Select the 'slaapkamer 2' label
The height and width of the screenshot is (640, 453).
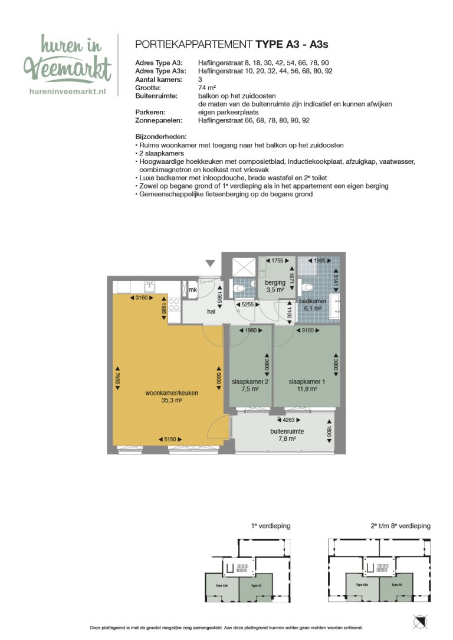(250, 381)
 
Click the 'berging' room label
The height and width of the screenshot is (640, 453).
(275, 283)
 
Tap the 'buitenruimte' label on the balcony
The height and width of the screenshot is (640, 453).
(287, 431)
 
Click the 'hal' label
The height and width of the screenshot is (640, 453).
(211, 311)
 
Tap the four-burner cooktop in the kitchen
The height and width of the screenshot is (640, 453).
(174, 305)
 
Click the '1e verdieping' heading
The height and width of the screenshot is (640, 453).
(270, 526)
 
